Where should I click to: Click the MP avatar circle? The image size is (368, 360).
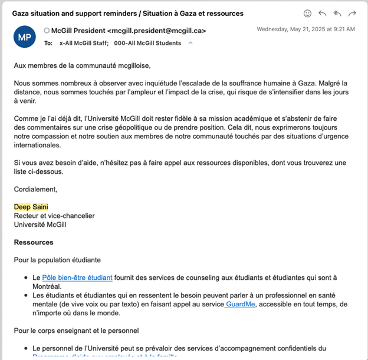(x=24, y=37)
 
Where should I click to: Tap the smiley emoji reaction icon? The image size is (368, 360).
(x=307, y=13)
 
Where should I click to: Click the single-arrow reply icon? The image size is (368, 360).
(x=323, y=13)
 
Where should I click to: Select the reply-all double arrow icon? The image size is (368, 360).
(x=337, y=13)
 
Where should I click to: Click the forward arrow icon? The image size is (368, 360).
(x=352, y=13)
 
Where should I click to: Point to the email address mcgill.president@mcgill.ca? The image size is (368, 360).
(x=157, y=31)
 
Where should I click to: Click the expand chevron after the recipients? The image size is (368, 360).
(x=190, y=42)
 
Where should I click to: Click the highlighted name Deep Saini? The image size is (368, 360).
(x=31, y=207)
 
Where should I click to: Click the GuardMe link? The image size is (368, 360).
(x=241, y=304)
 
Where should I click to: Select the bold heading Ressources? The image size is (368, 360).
(x=34, y=242)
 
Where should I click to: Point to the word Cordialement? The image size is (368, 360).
(x=35, y=189)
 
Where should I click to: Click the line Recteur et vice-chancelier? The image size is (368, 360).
(x=54, y=216)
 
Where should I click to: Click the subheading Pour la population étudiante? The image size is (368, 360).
(x=57, y=260)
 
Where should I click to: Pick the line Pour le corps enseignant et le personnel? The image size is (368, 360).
(x=76, y=331)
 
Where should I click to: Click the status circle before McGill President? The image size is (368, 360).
(x=47, y=31)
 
